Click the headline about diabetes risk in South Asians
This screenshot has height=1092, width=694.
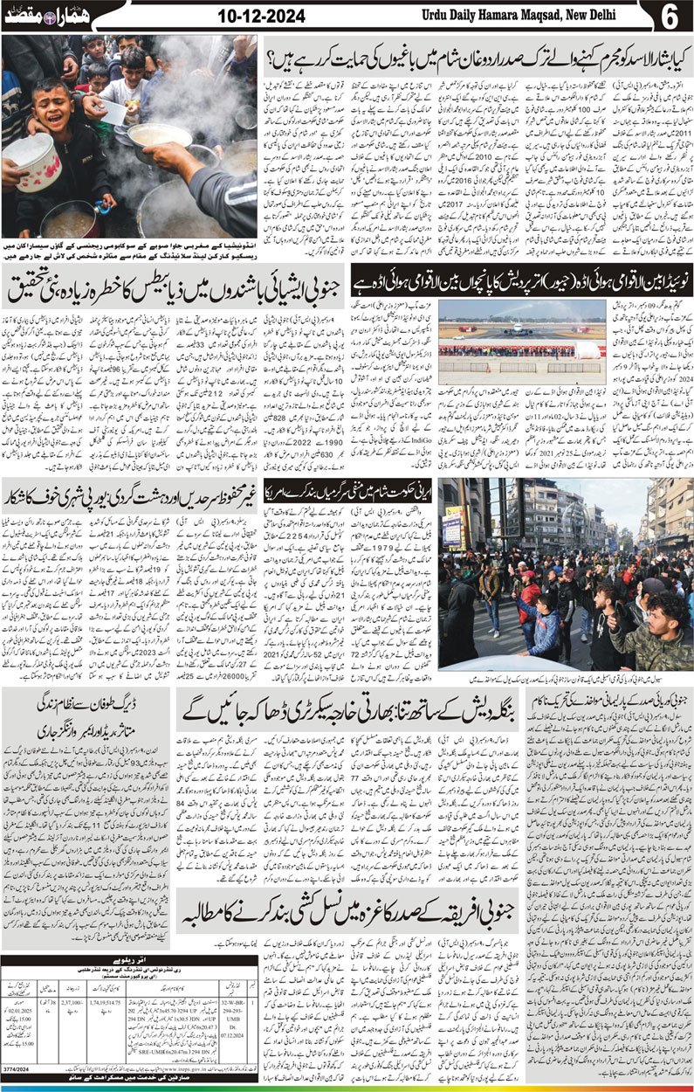(x=175, y=285)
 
